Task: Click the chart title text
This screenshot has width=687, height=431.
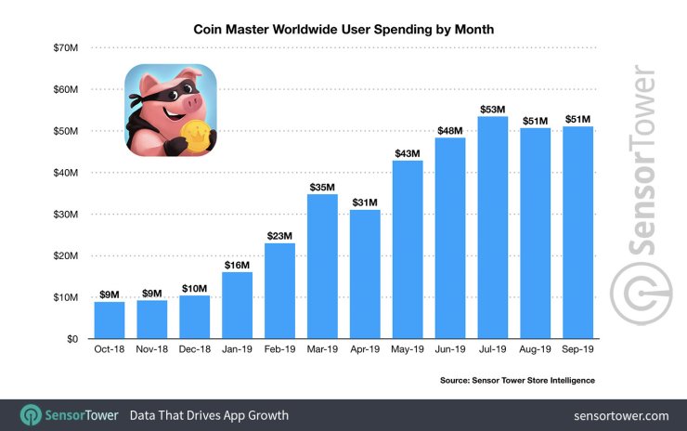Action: click(343, 29)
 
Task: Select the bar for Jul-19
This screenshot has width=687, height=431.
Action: click(493, 228)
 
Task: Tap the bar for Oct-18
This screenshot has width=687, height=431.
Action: click(109, 320)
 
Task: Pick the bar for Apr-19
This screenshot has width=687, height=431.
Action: click(365, 274)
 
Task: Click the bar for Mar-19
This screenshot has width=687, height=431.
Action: click(322, 266)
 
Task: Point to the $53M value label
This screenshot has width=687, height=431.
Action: click(493, 110)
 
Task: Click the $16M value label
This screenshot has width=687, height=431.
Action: click(237, 266)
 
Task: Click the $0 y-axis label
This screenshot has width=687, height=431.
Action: click(71, 339)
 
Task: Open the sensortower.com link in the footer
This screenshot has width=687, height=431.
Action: click(621, 414)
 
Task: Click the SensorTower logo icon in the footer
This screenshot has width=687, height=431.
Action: click(30, 414)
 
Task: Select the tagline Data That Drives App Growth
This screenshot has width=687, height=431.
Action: click(209, 414)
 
